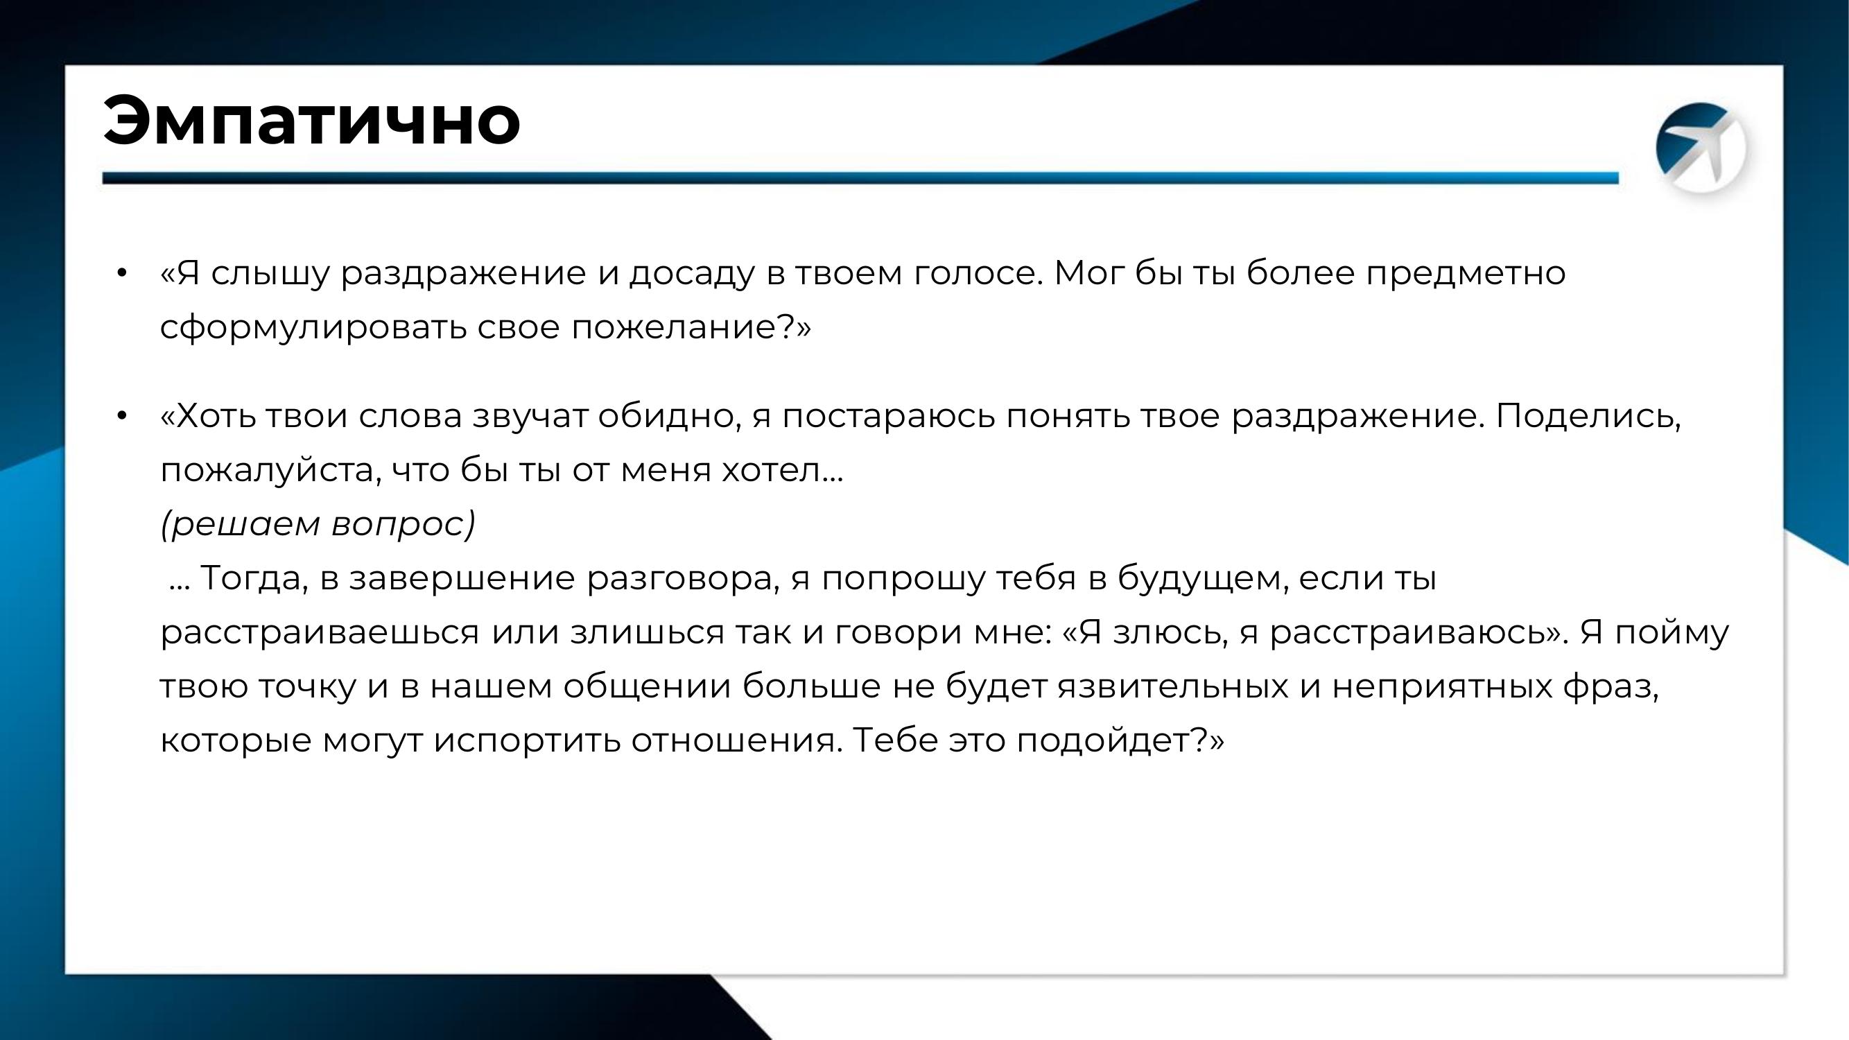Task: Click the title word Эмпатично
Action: click(x=311, y=120)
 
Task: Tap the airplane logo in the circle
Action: click(x=1701, y=148)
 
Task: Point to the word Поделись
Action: click(x=1587, y=417)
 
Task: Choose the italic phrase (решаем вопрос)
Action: click(x=318, y=524)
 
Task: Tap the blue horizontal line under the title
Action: click(x=860, y=178)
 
